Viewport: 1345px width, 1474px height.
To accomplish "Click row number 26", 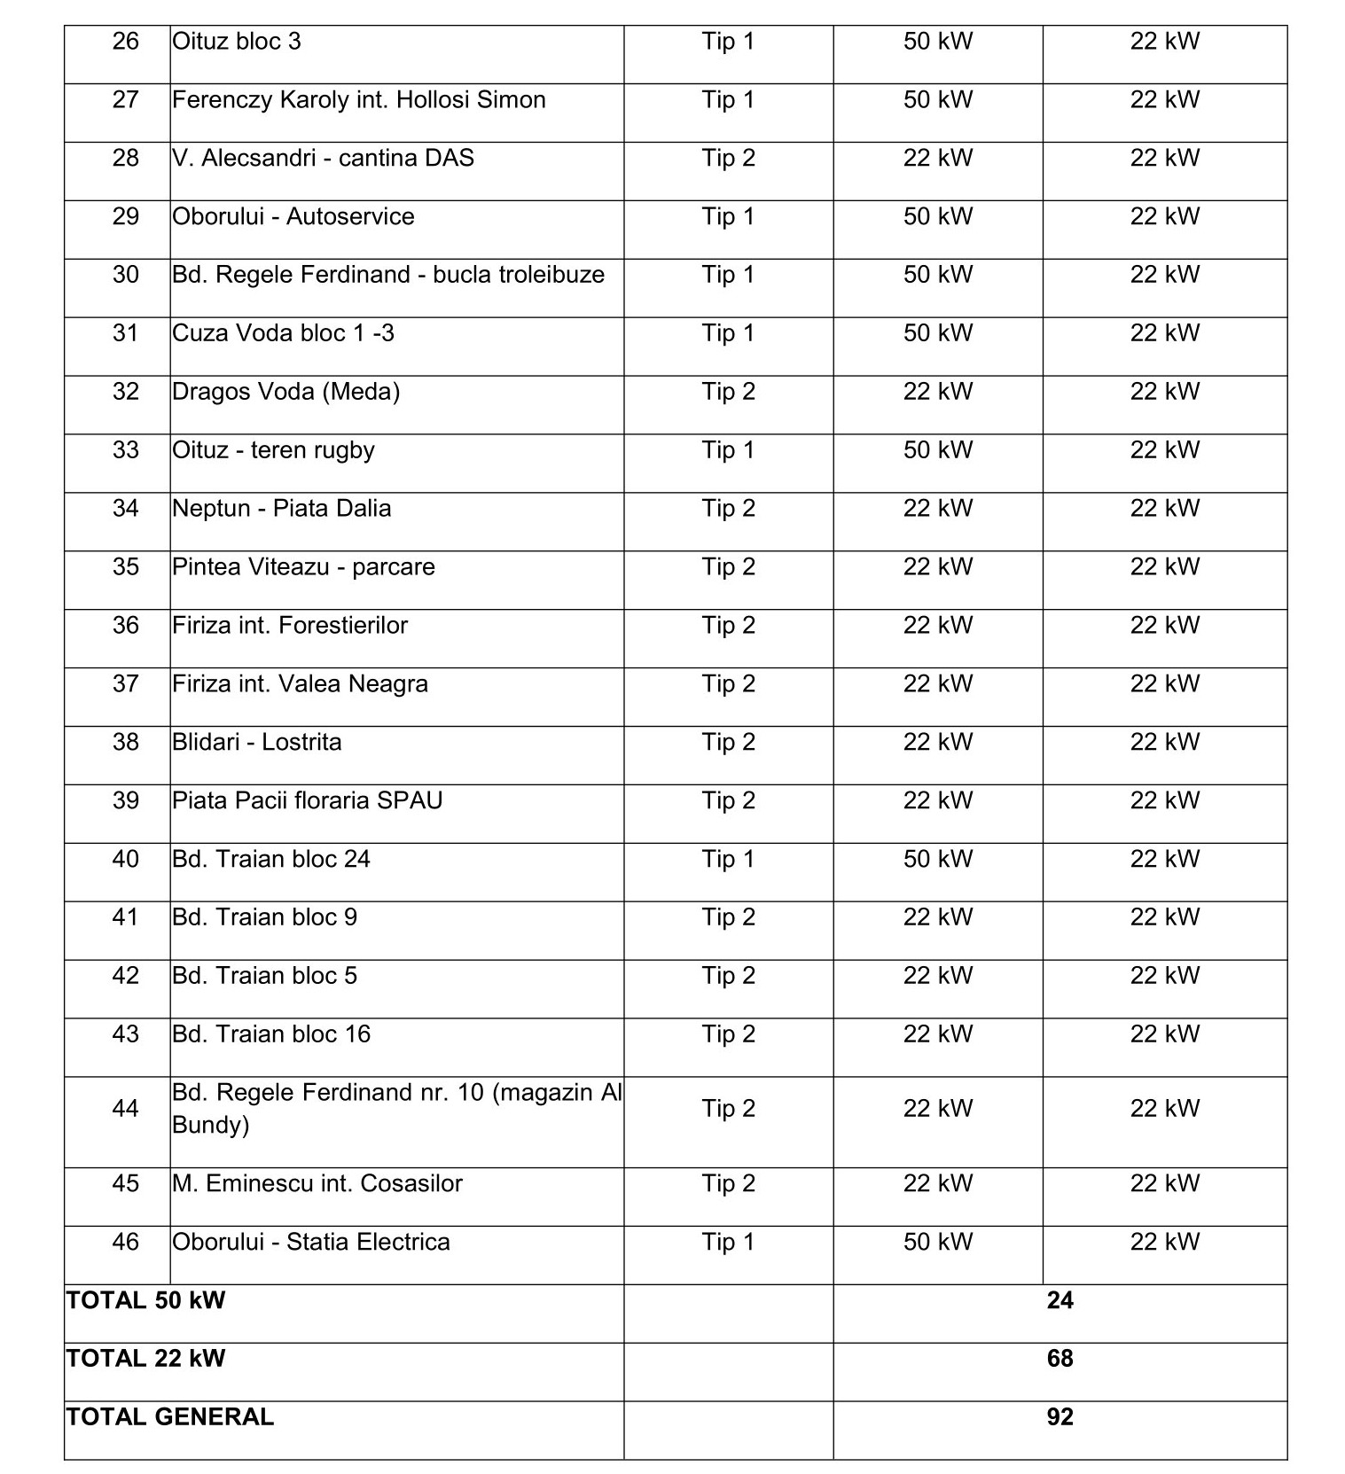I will click(x=125, y=42).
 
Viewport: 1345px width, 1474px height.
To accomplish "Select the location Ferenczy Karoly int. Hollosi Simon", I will click(x=358, y=100).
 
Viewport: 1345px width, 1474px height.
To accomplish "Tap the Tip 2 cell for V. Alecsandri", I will click(x=728, y=159).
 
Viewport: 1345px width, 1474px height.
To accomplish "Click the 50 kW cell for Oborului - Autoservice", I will click(x=937, y=217).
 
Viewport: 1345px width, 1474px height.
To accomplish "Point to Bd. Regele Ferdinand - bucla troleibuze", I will click(x=387, y=275).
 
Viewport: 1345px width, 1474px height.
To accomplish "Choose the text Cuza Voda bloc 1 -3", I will click(x=283, y=333).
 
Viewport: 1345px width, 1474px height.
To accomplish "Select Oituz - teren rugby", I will click(x=273, y=450).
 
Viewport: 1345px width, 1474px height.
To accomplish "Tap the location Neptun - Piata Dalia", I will click(x=281, y=509).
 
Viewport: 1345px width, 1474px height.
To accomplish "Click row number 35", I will click(x=125, y=567).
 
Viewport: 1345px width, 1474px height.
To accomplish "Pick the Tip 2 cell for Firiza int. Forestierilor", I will click(x=728, y=626).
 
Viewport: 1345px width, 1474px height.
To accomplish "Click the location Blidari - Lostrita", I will click(x=256, y=742).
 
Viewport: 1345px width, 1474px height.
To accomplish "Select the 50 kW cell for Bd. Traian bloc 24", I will click(x=937, y=859).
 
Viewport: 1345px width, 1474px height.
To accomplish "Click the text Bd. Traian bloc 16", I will click(x=270, y=1034).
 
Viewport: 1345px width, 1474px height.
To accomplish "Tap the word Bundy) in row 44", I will click(x=210, y=1125).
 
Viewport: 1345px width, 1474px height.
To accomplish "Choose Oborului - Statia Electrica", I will click(x=310, y=1242).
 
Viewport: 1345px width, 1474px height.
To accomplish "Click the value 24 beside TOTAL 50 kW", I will click(x=1060, y=1300).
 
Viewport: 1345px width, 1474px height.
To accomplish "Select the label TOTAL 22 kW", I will click(x=145, y=1359).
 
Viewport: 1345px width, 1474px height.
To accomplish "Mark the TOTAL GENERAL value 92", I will click(x=1060, y=1417).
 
